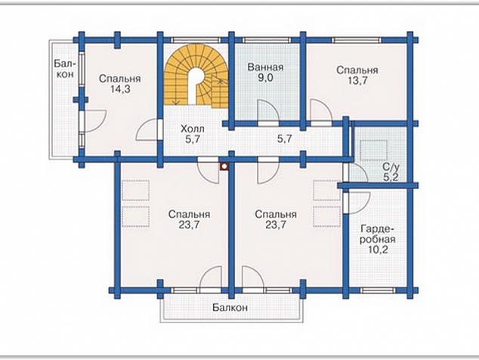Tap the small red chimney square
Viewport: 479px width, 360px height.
tap(224, 166)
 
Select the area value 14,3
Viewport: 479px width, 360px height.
tap(119, 89)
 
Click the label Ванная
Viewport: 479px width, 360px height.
tap(265, 67)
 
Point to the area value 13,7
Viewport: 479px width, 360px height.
tap(357, 81)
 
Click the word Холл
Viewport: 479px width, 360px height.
tap(193, 129)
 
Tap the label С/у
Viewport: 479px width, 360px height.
tap(391, 166)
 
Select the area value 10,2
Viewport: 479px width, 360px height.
tap(378, 250)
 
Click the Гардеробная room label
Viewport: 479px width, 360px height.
tap(378, 234)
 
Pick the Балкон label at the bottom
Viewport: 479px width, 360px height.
tap(230, 307)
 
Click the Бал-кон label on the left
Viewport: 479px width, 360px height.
tap(64, 69)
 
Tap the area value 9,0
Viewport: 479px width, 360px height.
tap(265, 78)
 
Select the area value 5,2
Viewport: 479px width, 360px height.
tap(391, 177)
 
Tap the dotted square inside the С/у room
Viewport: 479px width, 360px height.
tap(374, 151)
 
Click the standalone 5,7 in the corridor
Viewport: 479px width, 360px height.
tap(284, 139)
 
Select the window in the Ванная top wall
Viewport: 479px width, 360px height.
tap(267, 40)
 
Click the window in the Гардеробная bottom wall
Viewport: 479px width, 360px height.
tap(379, 290)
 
